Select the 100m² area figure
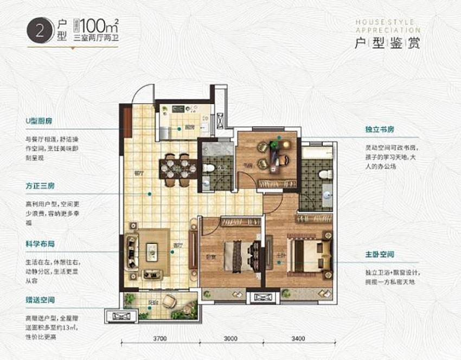(x=98, y=26)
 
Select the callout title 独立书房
(x=380, y=130)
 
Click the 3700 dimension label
(x=158, y=339)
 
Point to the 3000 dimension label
(x=230, y=339)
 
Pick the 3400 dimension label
(x=298, y=339)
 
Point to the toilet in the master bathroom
(x=323, y=174)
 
